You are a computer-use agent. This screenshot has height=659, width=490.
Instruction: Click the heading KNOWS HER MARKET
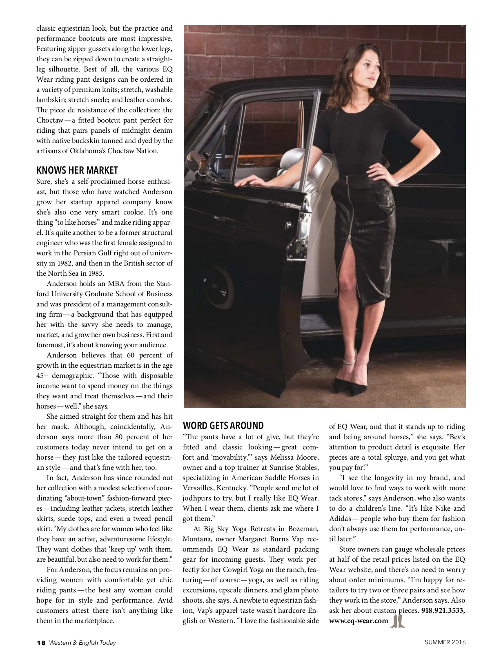point(77,170)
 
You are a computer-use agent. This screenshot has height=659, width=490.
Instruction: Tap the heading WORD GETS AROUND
point(223,425)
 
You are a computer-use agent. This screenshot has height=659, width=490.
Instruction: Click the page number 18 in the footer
point(41,643)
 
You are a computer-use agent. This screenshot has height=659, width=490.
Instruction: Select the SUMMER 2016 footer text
point(445,642)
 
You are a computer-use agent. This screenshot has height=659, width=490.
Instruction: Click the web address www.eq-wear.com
point(359,621)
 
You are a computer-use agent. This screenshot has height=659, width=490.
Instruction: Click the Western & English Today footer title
point(82,643)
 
